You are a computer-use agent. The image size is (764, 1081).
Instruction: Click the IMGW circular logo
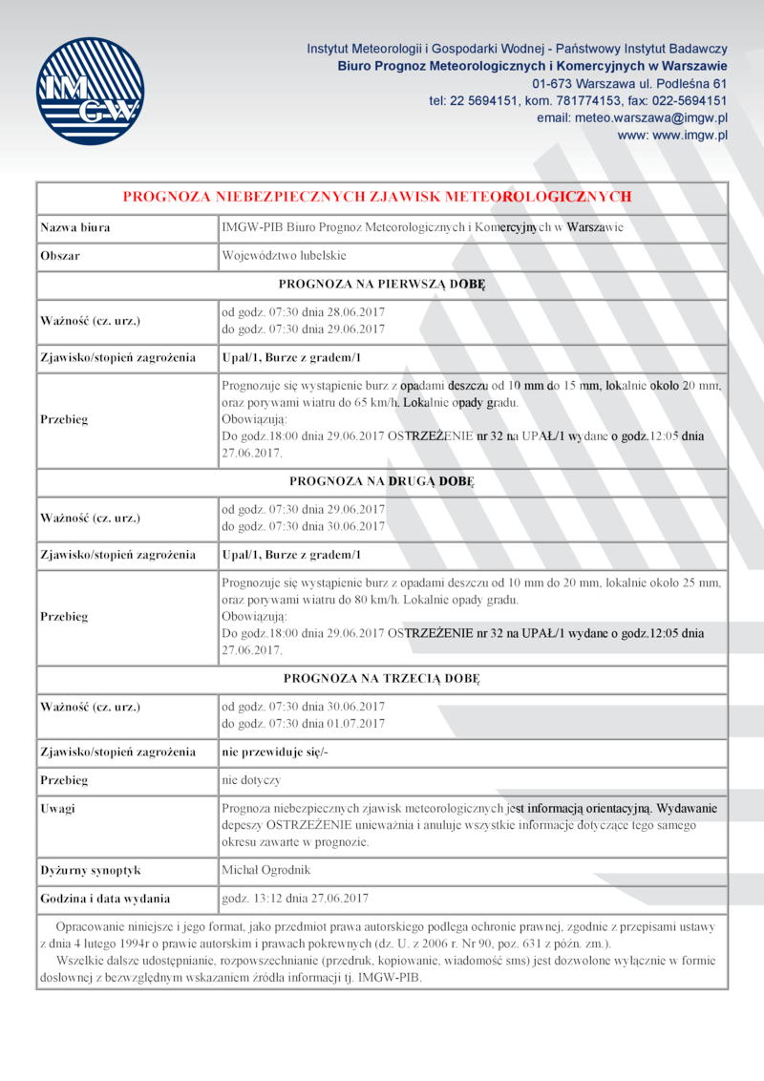pos(90,91)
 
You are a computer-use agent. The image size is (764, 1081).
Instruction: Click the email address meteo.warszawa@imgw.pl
pos(632,117)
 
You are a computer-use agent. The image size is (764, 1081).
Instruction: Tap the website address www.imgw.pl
pos(673,136)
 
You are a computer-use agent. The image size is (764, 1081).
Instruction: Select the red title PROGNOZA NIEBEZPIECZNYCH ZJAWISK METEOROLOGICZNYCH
pos(377,197)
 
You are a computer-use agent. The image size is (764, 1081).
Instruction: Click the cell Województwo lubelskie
pos(284,256)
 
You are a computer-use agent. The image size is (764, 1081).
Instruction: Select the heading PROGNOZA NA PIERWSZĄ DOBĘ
pos(382,284)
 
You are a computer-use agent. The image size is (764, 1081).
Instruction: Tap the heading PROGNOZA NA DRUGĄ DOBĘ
pos(382,481)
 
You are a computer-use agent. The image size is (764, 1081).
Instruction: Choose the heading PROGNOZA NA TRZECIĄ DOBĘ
pos(382,679)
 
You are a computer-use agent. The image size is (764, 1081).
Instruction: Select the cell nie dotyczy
pos(251,780)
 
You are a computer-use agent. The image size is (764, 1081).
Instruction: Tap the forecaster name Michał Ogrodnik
pos(265,870)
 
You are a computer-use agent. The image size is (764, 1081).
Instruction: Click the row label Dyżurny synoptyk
pos(90,870)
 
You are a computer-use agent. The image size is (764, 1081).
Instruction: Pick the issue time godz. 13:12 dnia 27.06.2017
pos(295,899)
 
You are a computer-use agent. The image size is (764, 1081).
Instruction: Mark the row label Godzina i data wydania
pos(105,899)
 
